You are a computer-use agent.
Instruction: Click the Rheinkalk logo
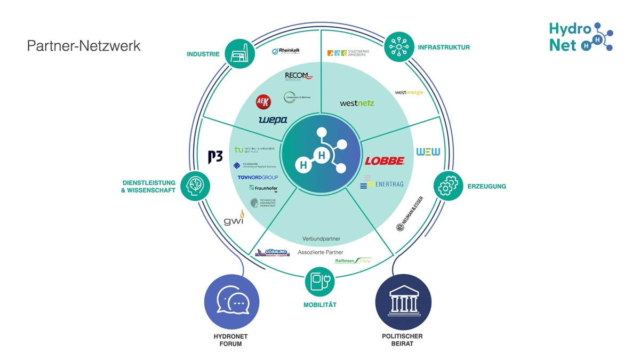pyautogui.click(x=286, y=51)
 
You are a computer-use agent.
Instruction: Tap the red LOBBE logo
pyautogui.click(x=385, y=161)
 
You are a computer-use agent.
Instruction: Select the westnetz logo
pyautogui.click(x=357, y=103)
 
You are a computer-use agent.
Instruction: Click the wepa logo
pyautogui.click(x=273, y=120)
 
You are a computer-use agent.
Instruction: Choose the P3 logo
pyautogui.click(x=215, y=157)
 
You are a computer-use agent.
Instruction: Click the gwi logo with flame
pyautogui.click(x=234, y=219)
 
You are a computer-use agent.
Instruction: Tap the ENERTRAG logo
pyautogui.click(x=382, y=185)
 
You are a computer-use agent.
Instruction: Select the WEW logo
pyautogui.click(x=428, y=152)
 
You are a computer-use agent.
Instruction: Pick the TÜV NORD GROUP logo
pyautogui.click(x=258, y=177)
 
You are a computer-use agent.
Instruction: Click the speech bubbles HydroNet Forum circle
pyautogui.click(x=232, y=302)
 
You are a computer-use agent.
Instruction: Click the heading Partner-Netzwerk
pyautogui.click(x=84, y=46)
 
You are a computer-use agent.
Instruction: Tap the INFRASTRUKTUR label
pyautogui.click(x=444, y=47)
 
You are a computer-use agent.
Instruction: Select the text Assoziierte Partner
pyautogui.click(x=320, y=252)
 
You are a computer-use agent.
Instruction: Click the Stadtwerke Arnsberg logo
pyautogui.click(x=348, y=53)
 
